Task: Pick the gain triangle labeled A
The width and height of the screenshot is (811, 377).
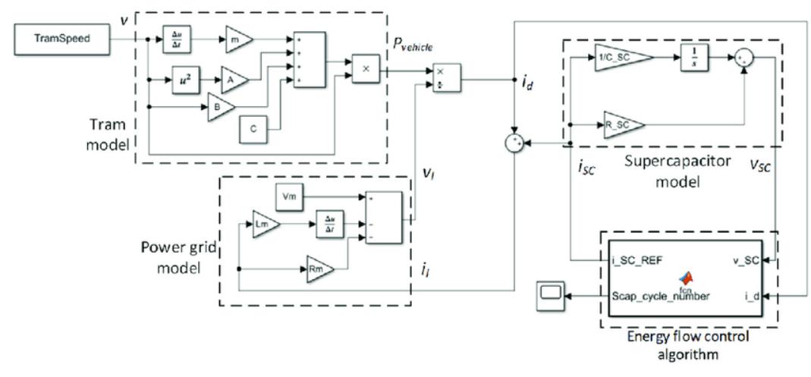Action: coord(230,79)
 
